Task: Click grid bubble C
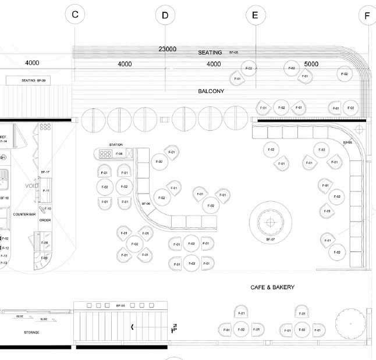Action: click(x=75, y=15)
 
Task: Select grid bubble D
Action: click(x=165, y=16)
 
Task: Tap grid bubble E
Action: click(x=254, y=16)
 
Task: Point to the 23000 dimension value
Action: click(x=167, y=49)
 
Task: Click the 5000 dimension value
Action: click(x=311, y=63)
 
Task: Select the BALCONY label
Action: click(x=211, y=91)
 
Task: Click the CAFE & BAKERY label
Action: click(x=272, y=287)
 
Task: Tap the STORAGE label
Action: click(x=31, y=332)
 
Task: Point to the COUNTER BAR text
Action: click(x=25, y=215)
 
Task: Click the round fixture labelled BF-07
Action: click(x=270, y=222)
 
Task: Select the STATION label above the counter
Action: click(x=116, y=144)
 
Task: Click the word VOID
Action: click(x=31, y=186)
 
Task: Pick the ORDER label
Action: click(x=45, y=220)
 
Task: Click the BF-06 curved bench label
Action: click(x=146, y=204)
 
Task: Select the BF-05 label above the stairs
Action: click(x=121, y=305)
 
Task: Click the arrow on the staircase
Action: click(x=133, y=327)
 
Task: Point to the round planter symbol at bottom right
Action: click(x=352, y=321)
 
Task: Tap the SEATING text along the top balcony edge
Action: click(x=210, y=53)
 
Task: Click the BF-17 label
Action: click(x=45, y=172)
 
